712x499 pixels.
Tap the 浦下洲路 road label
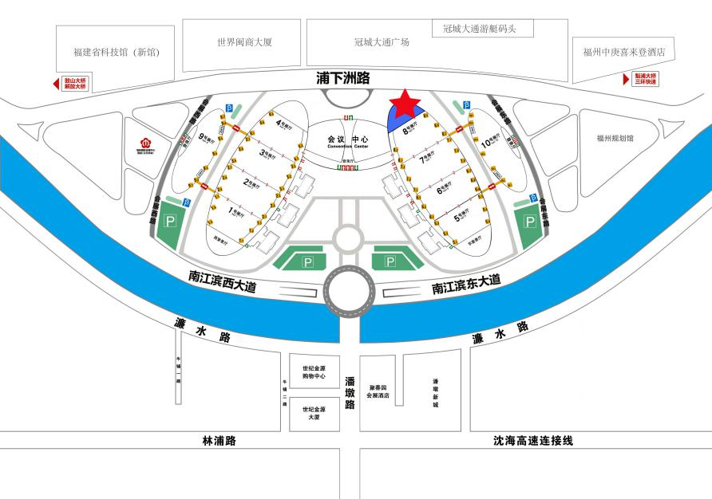(343, 78)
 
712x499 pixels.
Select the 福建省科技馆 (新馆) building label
(116, 52)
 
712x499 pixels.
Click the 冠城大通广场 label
(382, 42)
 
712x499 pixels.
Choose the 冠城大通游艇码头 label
(479, 29)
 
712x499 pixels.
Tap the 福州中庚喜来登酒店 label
(623, 52)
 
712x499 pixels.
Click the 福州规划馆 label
(615, 138)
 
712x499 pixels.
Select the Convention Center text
(348, 147)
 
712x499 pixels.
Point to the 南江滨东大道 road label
(466, 284)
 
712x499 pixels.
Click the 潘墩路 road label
(349, 393)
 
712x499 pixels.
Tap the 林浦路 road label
(220, 440)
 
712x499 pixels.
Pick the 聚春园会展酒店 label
(378, 390)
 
